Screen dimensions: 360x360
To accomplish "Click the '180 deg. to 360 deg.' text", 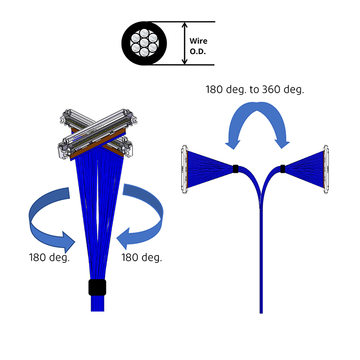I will [255, 89].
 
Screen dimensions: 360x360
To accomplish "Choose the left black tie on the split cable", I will [235, 168].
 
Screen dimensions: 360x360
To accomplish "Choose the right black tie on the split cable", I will [283, 168].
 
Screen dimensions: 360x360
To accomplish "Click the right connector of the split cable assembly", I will [326, 170].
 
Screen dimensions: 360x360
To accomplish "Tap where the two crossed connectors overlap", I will [95, 131].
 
